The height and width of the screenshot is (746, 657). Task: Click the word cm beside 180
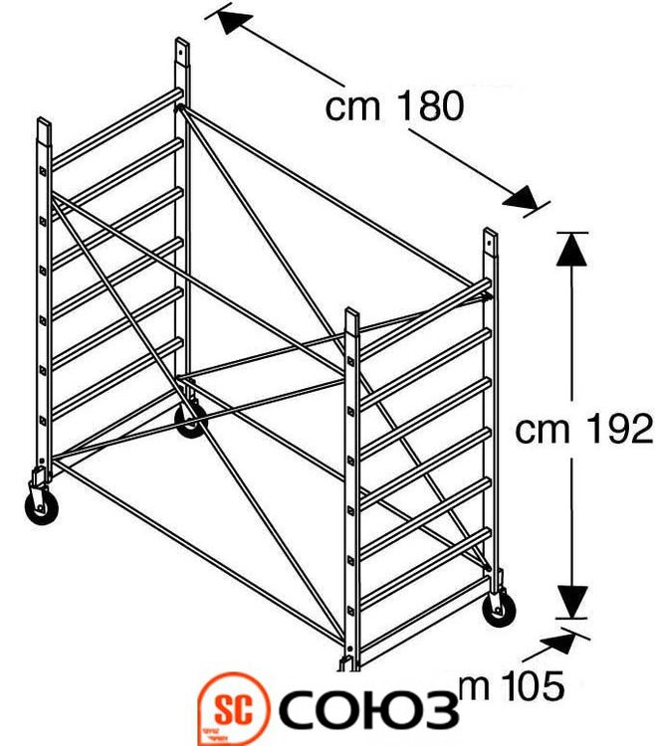coord(353,106)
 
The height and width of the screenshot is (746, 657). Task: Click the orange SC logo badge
coord(235,709)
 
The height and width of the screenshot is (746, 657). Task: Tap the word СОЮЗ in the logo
coord(368,709)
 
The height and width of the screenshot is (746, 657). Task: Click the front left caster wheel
coord(41,506)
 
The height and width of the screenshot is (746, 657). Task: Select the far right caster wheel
coord(498,608)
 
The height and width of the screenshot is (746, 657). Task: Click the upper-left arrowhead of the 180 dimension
coord(229,20)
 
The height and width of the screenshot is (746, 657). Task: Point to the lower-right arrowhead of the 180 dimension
coord(522,198)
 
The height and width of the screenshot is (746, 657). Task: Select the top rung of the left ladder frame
coord(114,124)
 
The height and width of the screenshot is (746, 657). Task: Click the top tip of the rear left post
coord(182,44)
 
